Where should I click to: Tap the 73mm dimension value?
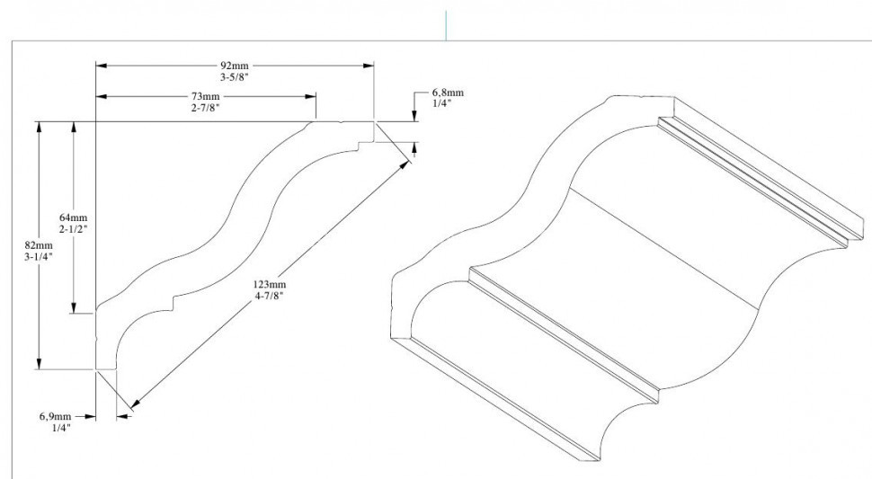click(205, 96)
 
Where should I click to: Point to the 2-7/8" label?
click(205, 107)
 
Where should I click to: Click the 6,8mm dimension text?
click(448, 93)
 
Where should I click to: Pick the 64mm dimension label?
click(73, 217)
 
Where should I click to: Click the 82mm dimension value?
click(40, 244)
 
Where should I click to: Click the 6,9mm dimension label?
click(55, 416)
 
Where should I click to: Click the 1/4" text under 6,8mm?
click(441, 103)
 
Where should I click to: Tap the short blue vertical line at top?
click(446, 25)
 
